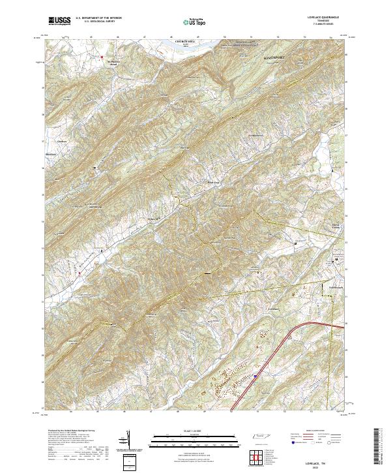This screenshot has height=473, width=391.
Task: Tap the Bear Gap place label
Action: point(212,182)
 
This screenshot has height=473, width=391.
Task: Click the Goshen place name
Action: point(63,140)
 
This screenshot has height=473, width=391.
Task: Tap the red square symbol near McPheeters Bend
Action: point(101,56)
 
